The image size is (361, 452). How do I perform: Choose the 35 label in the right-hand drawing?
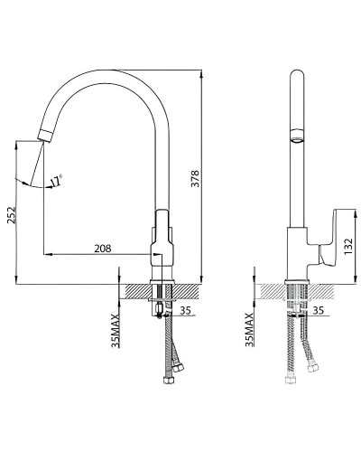click(318, 311)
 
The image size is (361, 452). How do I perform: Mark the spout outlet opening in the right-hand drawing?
click(293, 139)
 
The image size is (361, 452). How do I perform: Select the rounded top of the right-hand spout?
click(293, 75)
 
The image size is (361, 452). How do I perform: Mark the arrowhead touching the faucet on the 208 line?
click(144, 253)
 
